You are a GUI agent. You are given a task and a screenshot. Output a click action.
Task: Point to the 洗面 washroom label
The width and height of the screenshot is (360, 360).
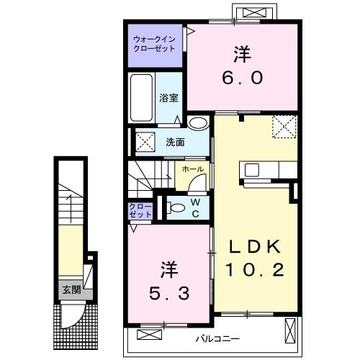pyautogui.click(x=176, y=141)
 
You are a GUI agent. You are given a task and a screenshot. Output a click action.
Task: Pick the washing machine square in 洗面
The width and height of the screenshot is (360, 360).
pyautogui.click(x=145, y=142)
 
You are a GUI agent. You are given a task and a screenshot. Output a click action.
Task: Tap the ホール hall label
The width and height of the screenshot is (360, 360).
pyautogui.click(x=191, y=170)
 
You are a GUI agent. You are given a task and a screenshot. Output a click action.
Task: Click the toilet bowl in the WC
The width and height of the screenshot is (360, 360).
pyautogui.click(x=175, y=208)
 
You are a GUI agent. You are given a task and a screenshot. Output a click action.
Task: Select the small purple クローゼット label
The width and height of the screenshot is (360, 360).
pyautogui.click(x=140, y=210)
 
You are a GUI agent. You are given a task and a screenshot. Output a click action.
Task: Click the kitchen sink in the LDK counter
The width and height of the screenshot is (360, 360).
pyautogui.click(x=252, y=171)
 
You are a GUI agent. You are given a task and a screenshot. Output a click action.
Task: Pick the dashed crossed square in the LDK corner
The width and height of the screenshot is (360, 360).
pyautogui.click(x=284, y=129)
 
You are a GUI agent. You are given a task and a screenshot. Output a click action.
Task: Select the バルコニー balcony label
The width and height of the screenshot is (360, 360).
pyautogui.click(x=216, y=338)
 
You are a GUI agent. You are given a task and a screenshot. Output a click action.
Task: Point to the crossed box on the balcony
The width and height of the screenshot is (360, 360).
pyautogui.click(x=289, y=330)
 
